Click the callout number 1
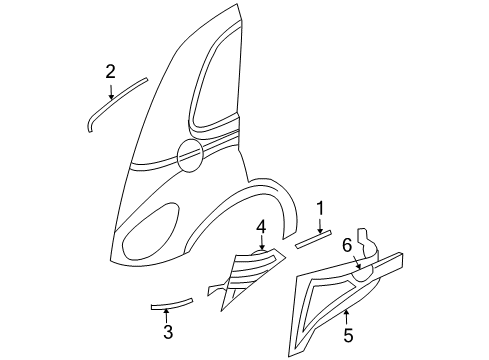320,208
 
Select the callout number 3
167,332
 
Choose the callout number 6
348,243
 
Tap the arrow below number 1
320,226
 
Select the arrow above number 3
167,314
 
